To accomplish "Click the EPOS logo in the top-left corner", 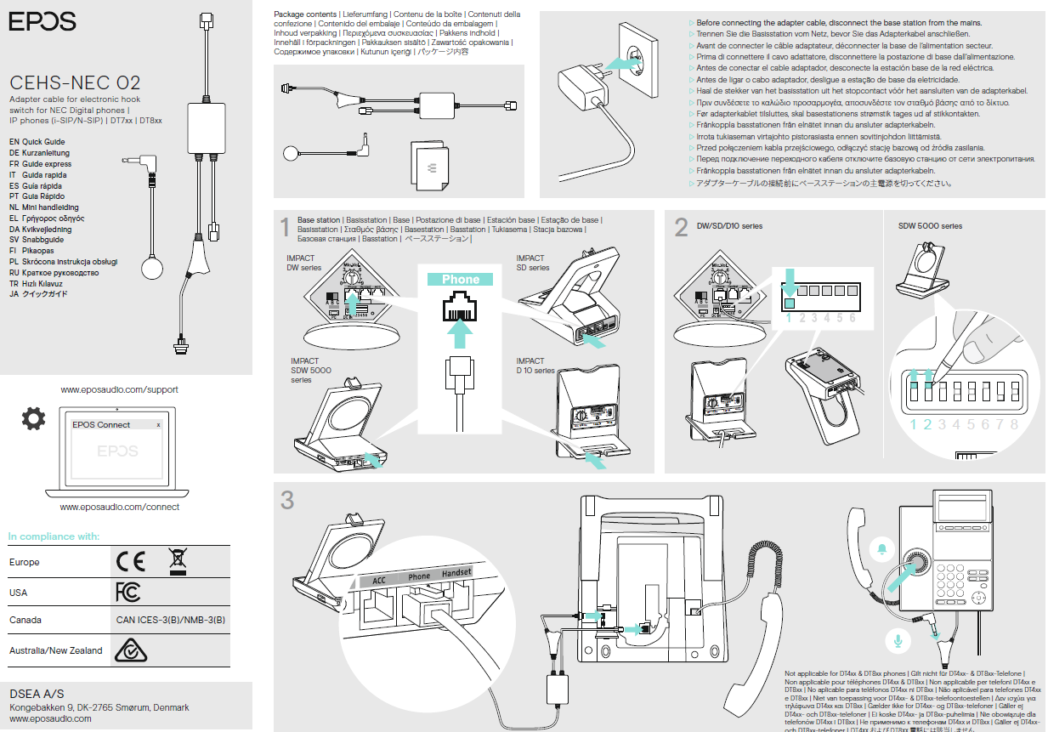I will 42,21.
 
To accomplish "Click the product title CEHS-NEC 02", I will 75,82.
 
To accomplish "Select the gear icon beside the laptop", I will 33,417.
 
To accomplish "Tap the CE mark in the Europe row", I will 130,561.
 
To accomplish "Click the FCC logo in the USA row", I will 127,592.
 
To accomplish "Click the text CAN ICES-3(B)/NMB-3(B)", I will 170,620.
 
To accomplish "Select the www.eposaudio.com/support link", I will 119,389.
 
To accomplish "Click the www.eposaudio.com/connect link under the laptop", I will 119,507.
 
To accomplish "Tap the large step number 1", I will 285,227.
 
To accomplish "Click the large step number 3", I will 286,501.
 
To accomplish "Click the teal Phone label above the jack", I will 461,279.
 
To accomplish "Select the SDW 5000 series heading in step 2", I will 930,226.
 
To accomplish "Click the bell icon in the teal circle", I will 882,548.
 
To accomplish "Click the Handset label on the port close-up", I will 456,573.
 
